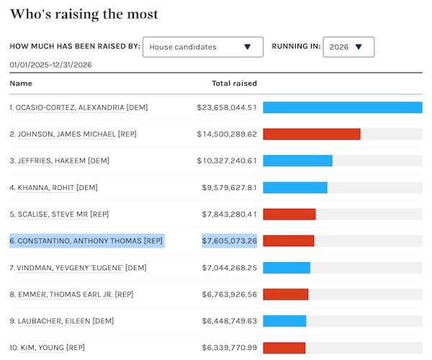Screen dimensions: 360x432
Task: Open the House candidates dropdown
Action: click(x=202, y=47)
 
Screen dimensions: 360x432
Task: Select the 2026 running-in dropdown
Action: click(x=348, y=47)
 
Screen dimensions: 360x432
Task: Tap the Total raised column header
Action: click(x=234, y=84)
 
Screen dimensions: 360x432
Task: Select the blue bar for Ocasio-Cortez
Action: click(x=342, y=107)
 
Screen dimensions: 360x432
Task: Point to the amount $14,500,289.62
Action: click(x=227, y=134)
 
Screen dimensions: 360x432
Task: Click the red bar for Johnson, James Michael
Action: click(x=312, y=134)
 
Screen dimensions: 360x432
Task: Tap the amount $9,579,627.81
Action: click(x=229, y=187)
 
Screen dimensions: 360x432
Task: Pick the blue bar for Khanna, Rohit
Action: click(x=295, y=187)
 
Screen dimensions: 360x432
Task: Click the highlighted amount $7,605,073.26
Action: click(x=229, y=240)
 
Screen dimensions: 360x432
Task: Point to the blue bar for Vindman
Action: click(x=287, y=268)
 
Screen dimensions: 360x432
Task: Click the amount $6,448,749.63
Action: click(x=229, y=321)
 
